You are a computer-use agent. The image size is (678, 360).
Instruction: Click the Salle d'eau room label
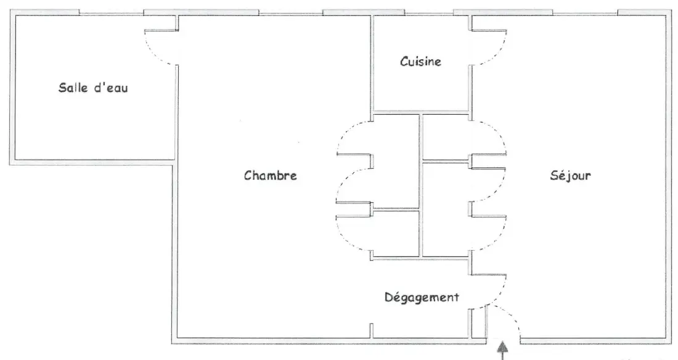(93, 88)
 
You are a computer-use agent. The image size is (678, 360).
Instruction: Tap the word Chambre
(270, 175)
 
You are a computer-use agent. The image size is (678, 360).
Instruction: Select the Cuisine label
(421, 61)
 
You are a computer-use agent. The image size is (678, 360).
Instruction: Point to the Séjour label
(570, 175)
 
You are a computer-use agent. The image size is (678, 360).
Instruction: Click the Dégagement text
(422, 297)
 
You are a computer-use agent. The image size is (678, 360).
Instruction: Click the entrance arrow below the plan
(502, 351)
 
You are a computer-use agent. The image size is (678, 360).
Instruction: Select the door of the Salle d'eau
(160, 47)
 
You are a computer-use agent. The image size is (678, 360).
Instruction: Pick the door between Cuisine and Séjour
(489, 47)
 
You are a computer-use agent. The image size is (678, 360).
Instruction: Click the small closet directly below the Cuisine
(446, 137)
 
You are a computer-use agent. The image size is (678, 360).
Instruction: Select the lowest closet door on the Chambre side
(354, 233)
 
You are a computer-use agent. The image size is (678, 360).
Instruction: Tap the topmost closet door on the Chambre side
(354, 137)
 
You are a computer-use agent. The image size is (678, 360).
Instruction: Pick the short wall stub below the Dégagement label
(372, 330)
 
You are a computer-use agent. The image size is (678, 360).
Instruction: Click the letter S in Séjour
(554, 175)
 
